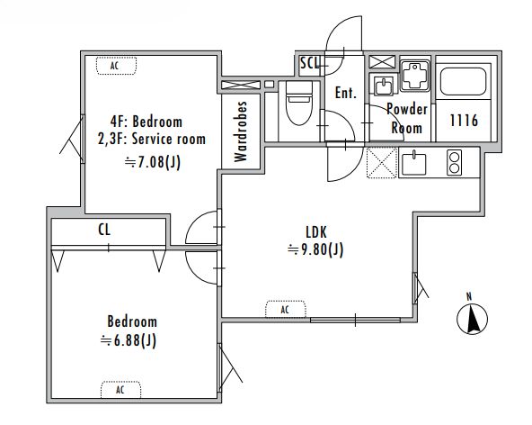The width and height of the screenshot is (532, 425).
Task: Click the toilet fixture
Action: [x=299, y=102]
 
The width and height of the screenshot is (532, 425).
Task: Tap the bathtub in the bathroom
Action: [x=463, y=82]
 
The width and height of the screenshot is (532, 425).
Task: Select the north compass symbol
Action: [x=472, y=317]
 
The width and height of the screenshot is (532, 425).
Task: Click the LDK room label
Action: [x=316, y=232]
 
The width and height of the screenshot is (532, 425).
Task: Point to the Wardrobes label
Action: [x=241, y=131]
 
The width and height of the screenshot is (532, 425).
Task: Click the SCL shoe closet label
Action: [x=310, y=62]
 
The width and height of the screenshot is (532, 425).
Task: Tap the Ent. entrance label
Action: [x=345, y=93]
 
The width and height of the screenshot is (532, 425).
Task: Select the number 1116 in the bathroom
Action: [x=464, y=121]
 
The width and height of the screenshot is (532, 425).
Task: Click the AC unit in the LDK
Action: [x=286, y=310]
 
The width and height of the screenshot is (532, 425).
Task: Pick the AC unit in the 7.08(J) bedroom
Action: [x=117, y=66]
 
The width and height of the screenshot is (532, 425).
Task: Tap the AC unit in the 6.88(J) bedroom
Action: [x=120, y=390]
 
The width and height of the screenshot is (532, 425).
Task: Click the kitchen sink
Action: [x=413, y=163]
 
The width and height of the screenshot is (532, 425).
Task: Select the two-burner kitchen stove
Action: [x=454, y=162]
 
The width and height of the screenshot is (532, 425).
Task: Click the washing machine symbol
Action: [x=414, y=76]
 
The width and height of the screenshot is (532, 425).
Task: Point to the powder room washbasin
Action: [x=384, y=86]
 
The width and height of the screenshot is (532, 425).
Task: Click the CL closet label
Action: [x=104, y=230]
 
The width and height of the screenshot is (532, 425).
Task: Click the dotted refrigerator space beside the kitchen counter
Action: [x=382, y=162]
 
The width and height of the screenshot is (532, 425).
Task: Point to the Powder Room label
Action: [x=407, y=118]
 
